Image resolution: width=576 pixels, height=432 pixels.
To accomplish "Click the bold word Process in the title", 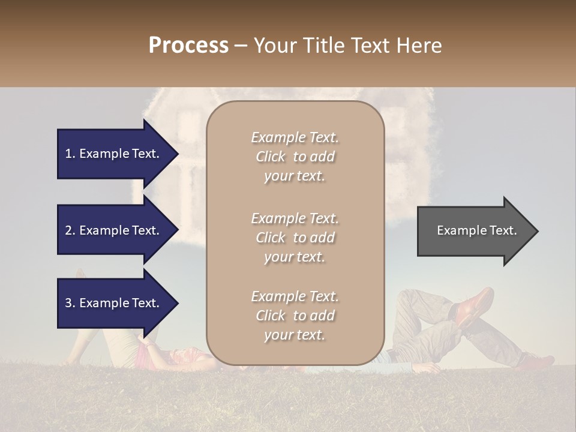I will click(188, 46).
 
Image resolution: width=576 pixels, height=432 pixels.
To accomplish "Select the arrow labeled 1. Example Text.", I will click(114, 154).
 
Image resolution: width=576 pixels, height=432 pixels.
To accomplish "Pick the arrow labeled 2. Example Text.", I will click(114, 230).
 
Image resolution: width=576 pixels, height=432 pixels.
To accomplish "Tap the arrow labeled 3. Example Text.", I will click(114, 303).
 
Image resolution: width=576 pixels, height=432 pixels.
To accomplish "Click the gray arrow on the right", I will click(474, 230).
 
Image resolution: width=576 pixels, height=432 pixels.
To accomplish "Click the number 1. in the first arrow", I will click(70, 154).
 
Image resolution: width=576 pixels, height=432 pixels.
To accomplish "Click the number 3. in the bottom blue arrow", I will click(70, 303).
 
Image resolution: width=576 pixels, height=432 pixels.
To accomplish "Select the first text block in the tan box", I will click(295, 157).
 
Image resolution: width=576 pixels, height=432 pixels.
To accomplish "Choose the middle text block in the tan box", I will click(295, 237).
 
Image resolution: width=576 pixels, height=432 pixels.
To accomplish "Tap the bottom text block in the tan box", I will click(295, 316).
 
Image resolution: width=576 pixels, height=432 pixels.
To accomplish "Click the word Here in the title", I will click(420, 46).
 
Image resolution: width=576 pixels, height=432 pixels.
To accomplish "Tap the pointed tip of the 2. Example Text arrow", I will click(177, 230).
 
